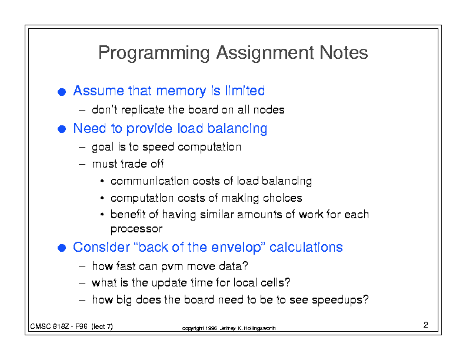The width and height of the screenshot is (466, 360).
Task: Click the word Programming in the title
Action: pos(154,54)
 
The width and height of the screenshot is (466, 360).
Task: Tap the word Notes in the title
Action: pos(344,52)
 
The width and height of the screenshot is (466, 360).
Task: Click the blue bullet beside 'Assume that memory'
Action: pos(62,92)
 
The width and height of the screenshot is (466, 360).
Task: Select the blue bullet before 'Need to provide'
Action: pos(62,129)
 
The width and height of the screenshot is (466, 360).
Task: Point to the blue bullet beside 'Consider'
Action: pos(62,248)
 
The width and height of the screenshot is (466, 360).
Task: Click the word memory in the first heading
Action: pos(181,92)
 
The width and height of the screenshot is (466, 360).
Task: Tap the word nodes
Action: pos(269,110)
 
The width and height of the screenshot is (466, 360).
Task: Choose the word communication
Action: pos(149,181)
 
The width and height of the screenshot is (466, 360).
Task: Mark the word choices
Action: pos(282,198)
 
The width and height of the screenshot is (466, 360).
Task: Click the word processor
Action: pos(137,229)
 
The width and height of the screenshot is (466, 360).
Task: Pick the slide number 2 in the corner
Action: pos(425,325)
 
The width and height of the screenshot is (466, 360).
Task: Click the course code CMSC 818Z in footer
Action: pos(49,326)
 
